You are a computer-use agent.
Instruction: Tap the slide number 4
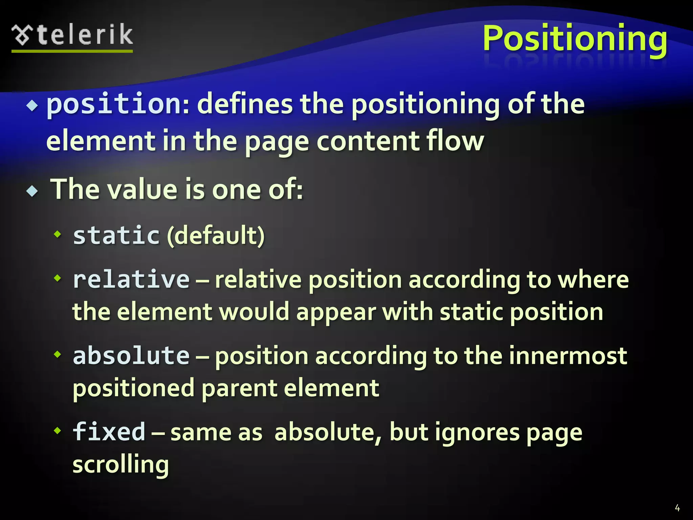point(677,507)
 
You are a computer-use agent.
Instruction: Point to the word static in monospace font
point(116,235)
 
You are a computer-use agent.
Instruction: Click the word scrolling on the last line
point(120,464)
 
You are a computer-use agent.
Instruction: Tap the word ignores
point(477,432)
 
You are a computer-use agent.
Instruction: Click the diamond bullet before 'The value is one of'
point(32,191)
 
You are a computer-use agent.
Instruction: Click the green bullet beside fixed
point(58,431)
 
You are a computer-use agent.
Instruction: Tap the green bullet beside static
point(58,234)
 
